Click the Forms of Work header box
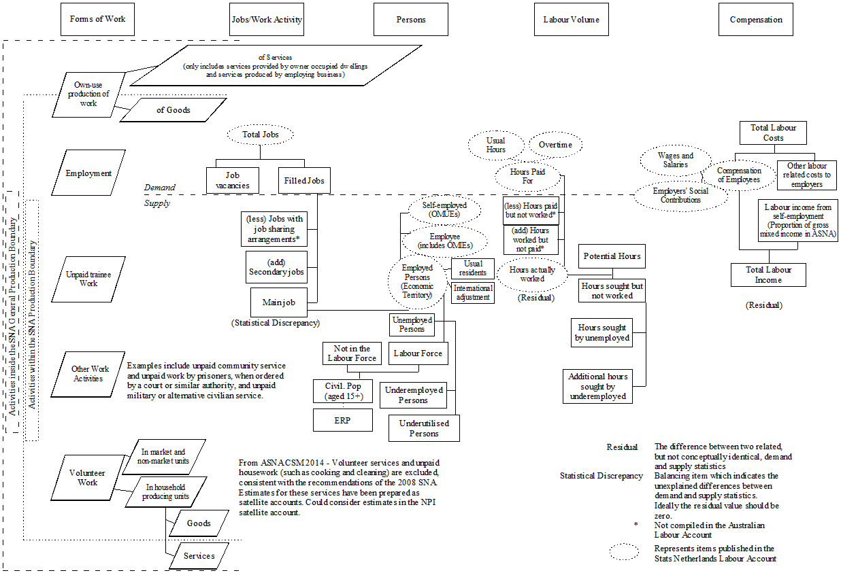click(x=97, y=19)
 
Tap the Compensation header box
click(x=755, y=19)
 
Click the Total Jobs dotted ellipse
click(x=261, y=135)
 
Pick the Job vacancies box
click(x=233, y=180)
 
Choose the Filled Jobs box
click(x=304, y=181)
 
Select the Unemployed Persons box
click(x=412, y=324)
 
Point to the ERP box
click(x=342, y=420)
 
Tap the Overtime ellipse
click(x=555, y=145)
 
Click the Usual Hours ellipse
click(x=496, y=145)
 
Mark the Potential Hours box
click(x=611, y=256)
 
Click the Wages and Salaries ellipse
click(x=675, y=160)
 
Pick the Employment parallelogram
click(x=88, y=173)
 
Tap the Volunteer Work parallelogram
click(x=88, y=478)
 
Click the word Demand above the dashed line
click(x=159, y=187)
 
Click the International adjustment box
click(x=473, y=293)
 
